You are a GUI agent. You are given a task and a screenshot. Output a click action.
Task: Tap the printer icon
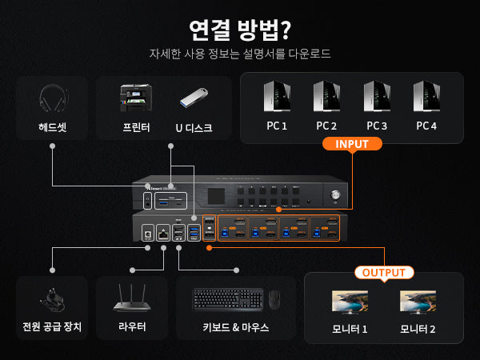(135, 100)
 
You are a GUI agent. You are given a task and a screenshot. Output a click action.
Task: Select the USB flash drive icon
(194, 100)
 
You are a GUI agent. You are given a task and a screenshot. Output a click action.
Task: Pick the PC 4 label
(426, 126)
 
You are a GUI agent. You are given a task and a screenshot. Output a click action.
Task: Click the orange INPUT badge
(351, 145)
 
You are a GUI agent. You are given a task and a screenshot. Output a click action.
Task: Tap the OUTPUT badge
(383, 272)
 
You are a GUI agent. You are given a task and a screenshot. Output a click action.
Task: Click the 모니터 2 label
(418, 329)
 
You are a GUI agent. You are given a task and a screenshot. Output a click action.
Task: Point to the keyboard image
(227, 299)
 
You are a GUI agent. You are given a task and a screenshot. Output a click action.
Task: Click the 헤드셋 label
(52, 127)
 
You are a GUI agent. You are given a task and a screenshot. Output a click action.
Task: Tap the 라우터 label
(133, 327)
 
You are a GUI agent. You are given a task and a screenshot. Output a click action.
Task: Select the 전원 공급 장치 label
(52, 327)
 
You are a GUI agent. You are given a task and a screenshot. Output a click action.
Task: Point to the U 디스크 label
(194, 127)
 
